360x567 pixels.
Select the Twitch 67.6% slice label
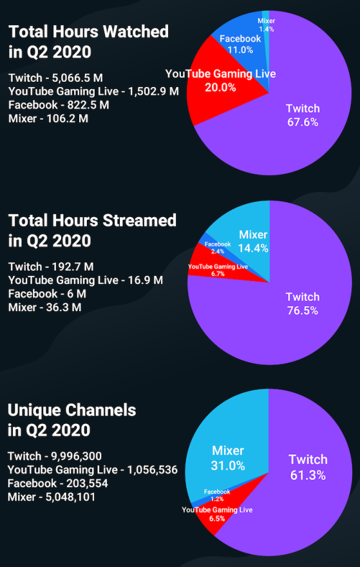point(302,115)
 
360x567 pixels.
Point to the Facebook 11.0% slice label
point(240,44)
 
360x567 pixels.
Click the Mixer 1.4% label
point(266,24)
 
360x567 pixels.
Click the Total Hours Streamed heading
point(92,230)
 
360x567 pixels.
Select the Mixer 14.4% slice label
point(253,240)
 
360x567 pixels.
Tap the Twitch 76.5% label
point(302,303)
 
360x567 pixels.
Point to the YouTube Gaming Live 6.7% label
point(218,270)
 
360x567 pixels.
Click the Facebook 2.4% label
point(218,248)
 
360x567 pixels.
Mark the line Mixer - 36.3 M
point(44,307)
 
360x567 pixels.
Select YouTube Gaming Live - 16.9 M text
point(85,280)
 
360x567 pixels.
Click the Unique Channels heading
point(71,419)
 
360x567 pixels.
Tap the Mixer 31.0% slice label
point(228,457)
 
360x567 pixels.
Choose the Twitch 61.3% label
point(308,467)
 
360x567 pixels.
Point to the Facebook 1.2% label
point(217,495)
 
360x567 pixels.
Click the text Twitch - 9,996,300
point(55,456)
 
